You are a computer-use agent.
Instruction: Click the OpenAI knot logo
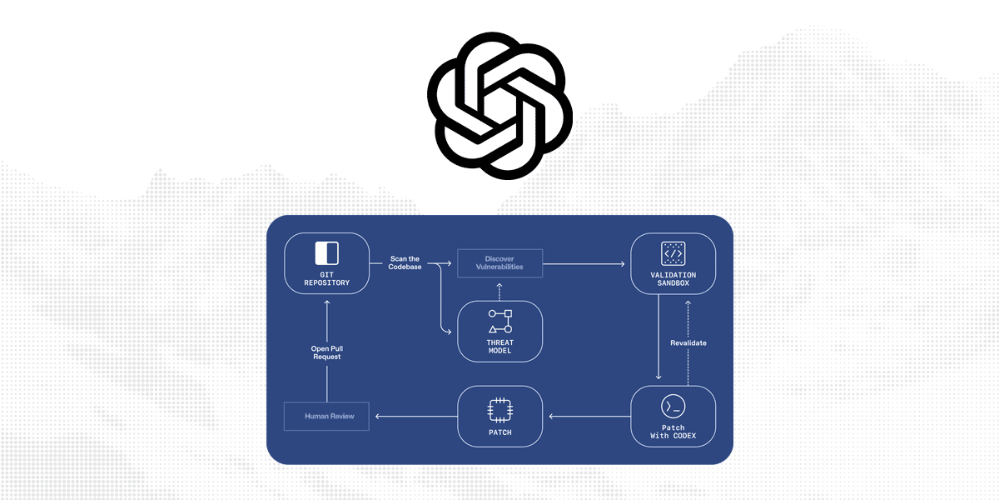click(499, 106)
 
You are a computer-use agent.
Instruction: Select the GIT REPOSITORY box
click(326, 263)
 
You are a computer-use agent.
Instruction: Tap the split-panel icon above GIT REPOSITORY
click(326, 252)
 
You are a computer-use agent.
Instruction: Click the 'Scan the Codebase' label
click(405, 263)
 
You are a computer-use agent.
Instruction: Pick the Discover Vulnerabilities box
click(499, 263)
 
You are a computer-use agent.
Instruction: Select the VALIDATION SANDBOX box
click(673, 263)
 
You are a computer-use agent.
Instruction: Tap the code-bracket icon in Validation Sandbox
click(673, 252)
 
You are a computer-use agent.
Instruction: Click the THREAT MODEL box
click(500, 331)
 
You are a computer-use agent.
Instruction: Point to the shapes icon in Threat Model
click(500, 321)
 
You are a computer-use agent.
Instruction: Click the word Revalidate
click(688, 342)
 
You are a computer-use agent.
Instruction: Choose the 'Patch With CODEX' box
click(673, 416)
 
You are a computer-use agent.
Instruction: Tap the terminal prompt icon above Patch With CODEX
click(673, 406)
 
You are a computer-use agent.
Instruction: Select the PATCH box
click(499, 416)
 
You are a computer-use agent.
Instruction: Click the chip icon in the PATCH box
click(499, 408)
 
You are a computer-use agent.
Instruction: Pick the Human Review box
click(326, 416)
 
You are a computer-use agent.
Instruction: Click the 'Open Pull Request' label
click(326, 352)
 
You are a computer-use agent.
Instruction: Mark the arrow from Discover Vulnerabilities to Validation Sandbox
click(583, 264)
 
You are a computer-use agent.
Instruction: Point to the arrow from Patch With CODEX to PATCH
click(588, 416)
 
